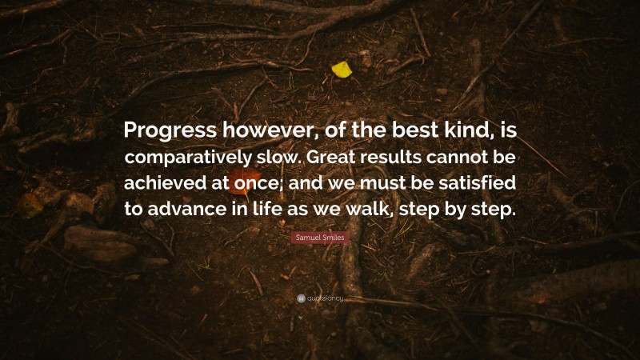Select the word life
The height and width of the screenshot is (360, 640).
click(x=267, y=210)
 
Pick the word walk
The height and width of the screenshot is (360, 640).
click(x=376, y=210)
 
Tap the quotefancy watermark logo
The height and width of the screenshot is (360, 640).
click(x=320, y=299)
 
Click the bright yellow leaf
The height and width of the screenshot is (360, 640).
click(x=342, y=70)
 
